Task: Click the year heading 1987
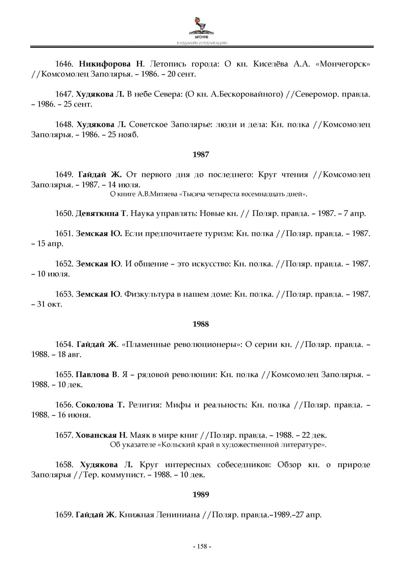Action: [x=201, y=155]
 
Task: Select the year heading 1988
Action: [x=201, y=324]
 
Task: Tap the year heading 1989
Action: [x=201, y=495]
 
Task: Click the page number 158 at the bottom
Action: [x=201, y=546]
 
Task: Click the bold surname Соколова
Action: [x=95, y=405]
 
